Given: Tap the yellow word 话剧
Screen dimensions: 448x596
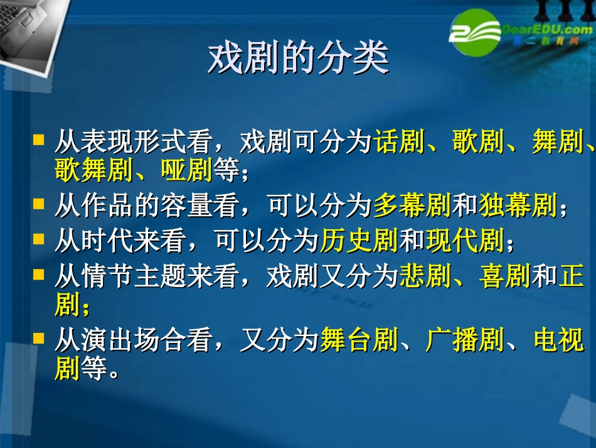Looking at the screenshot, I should tap(400, 142).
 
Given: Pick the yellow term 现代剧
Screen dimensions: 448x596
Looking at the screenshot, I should tap(465, 240).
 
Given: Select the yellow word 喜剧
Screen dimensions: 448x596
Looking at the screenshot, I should tap(505, 276).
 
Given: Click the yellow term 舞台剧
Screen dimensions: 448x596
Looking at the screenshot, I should tap(359, 340).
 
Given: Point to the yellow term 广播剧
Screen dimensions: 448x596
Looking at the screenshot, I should tap(465, 340).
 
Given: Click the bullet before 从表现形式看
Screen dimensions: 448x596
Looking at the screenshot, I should tap(39, 139).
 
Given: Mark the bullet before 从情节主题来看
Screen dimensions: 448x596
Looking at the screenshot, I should tap(39, 274).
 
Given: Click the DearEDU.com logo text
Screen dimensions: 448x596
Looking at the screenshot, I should tap(543, 29).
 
